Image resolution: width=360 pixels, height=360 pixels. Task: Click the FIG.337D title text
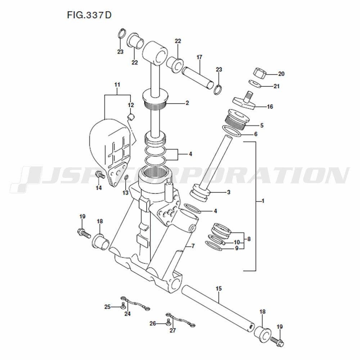coord(89,15)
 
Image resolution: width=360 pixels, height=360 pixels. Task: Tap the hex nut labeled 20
coord(260,73)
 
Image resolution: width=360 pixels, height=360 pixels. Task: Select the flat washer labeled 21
coord(255,84)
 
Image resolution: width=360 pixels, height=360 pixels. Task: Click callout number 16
coord(270,107)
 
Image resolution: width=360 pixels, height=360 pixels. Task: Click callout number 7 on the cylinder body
coord(193,246)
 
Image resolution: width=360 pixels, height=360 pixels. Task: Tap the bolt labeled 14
coord(100,176)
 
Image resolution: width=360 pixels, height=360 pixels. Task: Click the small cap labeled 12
coord(131,117)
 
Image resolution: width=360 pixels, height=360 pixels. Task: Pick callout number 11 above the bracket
coord(117,85)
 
